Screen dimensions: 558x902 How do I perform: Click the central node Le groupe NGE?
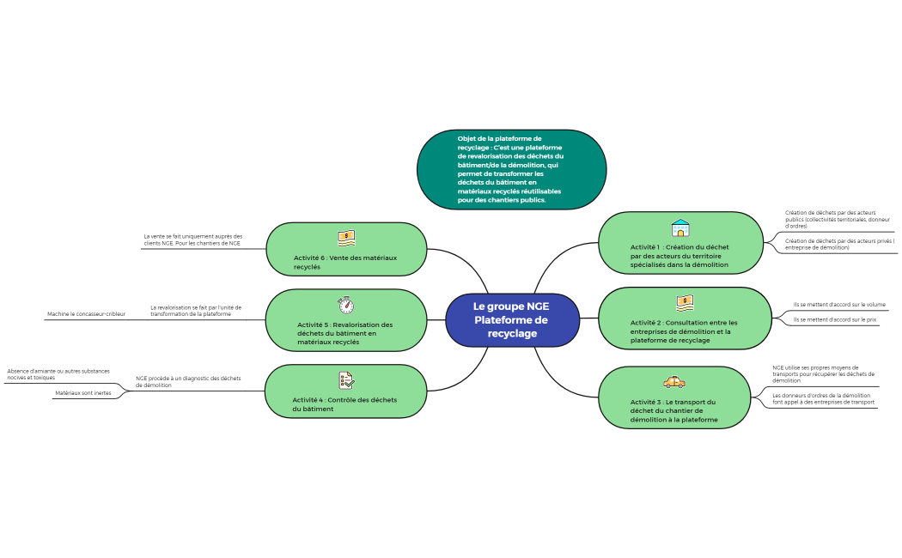[x=512, y=319]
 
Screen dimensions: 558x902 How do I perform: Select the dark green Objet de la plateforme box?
[x=511, y=169]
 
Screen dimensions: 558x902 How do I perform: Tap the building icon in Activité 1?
[x=680, y=228]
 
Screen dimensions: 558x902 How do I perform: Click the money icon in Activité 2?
[x=685, y=302]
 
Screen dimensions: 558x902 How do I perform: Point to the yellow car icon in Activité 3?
[x=674, y=382]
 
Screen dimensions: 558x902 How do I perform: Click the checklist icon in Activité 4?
[x=346, y=379]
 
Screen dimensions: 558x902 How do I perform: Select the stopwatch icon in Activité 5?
[x=345, y=305]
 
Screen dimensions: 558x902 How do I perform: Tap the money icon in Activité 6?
[x=346, y=238]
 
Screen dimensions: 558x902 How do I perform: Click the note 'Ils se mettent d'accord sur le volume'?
[x=839, y=304]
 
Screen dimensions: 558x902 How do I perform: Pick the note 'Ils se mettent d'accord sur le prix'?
[x=834, y=319]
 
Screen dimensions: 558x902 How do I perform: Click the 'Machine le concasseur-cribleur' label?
[x=86, y=314]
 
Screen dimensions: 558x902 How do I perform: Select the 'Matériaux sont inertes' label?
[x=83, y=393]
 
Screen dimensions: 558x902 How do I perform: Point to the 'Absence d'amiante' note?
[x=58, y=374]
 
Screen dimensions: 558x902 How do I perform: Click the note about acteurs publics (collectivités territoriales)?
[x=838, y=219]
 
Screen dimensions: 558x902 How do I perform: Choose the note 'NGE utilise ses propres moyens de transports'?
[x=823, y=373]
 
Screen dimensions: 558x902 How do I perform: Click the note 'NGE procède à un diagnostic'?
[x=188, y=381]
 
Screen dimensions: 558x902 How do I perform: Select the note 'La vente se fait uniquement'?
[x=193, y=240]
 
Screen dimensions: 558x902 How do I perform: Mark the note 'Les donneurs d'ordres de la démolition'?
[x=823, y=398]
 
